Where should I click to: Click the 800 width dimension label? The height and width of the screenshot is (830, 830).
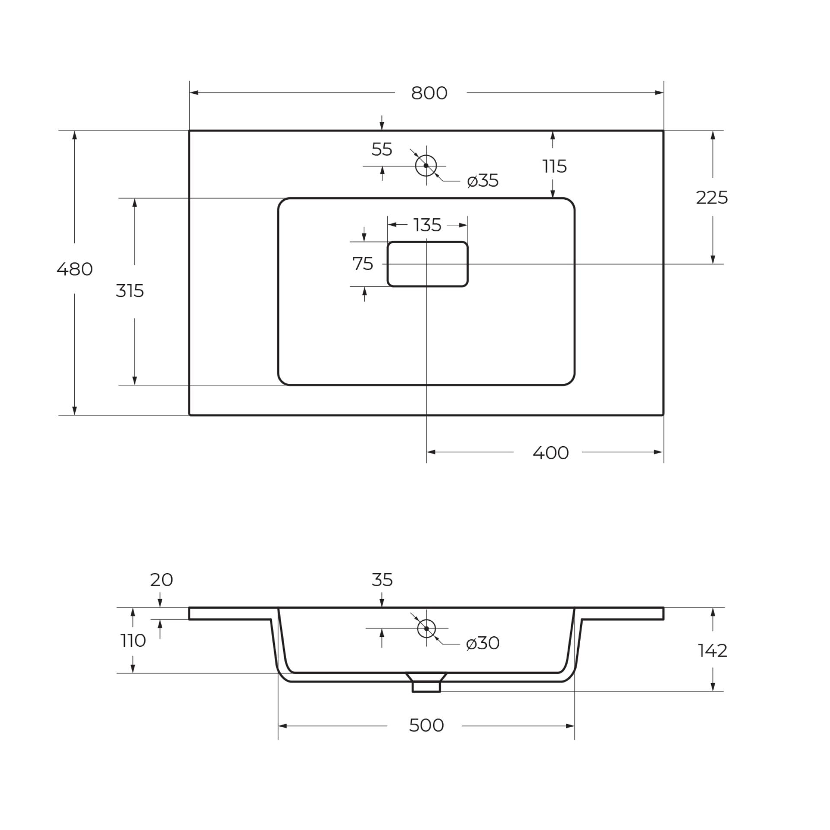tap(429, 93)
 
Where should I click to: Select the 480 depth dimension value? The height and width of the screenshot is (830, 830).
tap(74, 269)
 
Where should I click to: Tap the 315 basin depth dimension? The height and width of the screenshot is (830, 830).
tap(130, 291)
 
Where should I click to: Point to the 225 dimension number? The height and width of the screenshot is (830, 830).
tap(712, 198)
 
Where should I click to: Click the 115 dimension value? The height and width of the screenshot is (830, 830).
tap(555, 166)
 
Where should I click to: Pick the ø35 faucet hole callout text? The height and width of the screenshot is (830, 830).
tap(483, 181)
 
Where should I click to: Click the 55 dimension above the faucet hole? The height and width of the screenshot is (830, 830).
tap(382, 150)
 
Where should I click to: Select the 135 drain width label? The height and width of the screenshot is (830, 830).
tap(427, 225)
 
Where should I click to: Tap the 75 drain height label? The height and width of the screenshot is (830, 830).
tap(363, 264)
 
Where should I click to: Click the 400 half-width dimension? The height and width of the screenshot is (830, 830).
tap(551, 453)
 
